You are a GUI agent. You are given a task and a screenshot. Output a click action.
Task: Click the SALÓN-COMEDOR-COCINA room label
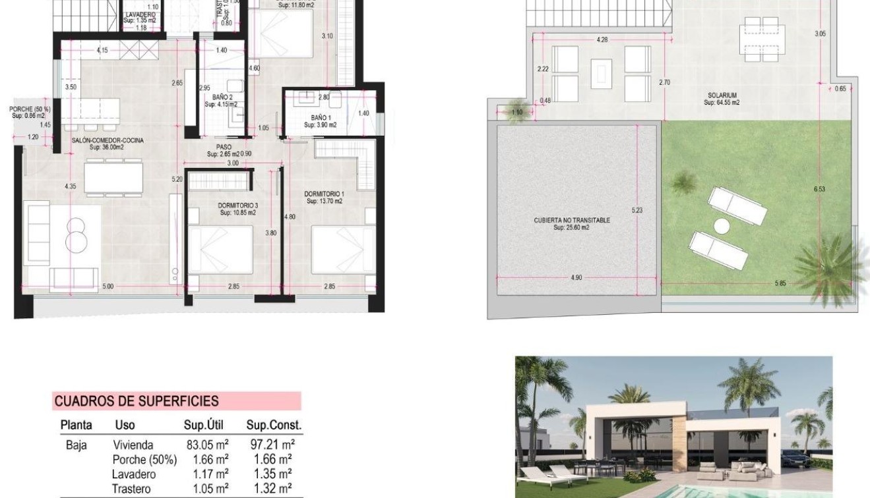click(108, 140)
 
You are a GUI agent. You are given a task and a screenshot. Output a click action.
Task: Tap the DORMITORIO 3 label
click(238, 206)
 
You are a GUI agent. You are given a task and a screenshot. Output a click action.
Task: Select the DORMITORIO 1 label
click(323, 194)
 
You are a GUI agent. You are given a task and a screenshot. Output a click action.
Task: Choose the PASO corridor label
click(223, 148)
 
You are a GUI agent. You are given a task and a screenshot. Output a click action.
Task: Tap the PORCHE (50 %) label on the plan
click(30, 109)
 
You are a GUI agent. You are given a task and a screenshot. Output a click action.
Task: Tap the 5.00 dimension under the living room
click(108, 287)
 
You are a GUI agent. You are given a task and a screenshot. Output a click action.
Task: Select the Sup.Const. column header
click(273, 426)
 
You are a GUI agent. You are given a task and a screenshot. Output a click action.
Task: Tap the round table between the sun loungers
click(722, 225)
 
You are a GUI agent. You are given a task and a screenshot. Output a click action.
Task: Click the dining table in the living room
click(113, 177)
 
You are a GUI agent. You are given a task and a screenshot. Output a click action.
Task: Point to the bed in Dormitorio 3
click(220, 249)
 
